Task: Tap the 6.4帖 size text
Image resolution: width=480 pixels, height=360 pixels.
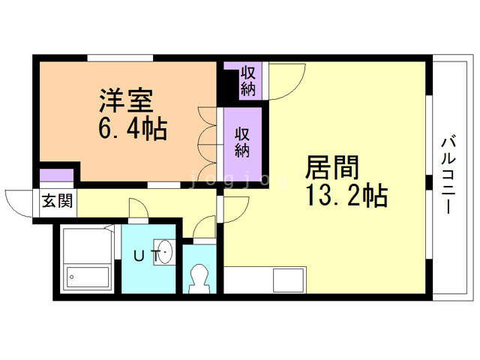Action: tap(132, 128)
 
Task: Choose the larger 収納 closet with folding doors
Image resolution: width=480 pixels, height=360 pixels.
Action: tap(241, 142)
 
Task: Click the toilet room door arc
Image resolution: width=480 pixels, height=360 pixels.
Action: tap(203, 226)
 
